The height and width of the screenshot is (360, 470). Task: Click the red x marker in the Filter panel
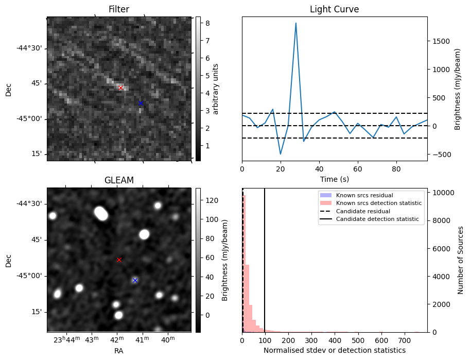tap(121, 88)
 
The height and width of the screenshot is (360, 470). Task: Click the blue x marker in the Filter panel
tap(141, 104)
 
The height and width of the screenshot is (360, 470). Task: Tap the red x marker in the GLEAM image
tap(119, 260)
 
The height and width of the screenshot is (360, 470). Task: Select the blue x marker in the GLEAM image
tap(135, 280)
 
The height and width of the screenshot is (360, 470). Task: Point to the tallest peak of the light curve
tap(296, 23)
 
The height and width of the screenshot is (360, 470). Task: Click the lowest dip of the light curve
tap(281, 153)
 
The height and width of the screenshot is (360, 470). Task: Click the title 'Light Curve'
tap(334, 9)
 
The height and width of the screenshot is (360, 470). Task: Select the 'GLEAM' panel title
tap(119, 180)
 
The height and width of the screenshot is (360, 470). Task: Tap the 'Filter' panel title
tap(119, 9)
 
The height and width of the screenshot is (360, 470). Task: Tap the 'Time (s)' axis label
tap(334, 178)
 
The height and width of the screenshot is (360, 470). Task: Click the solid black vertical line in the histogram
tap(265, 258)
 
